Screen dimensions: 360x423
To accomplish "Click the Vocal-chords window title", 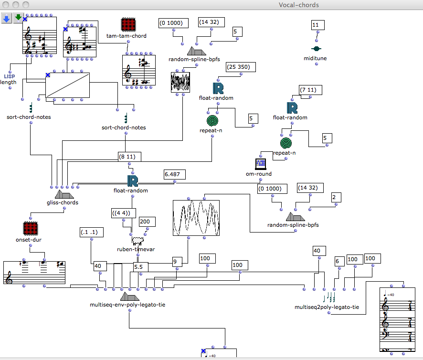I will click(299, 5).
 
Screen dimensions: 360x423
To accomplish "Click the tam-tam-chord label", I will click(127, 36).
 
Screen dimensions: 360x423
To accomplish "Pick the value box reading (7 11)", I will click(310, 90).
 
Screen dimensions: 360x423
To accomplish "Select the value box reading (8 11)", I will click(130, 156).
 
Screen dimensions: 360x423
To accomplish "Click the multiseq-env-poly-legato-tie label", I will click(127, 305).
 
